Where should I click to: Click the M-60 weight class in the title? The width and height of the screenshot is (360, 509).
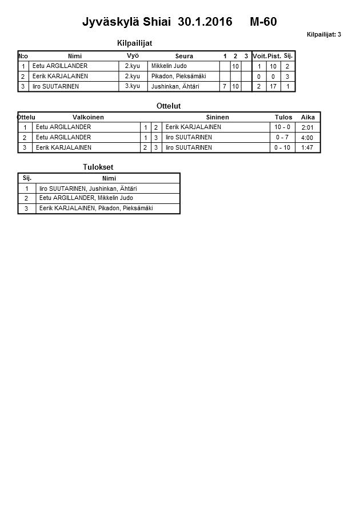(263, 22)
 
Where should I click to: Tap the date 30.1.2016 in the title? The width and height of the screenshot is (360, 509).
(205, 22)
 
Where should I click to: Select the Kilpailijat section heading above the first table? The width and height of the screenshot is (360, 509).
(134, 43)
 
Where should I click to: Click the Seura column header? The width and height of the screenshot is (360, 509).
(184, 56)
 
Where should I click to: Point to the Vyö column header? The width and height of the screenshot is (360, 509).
(133, 55)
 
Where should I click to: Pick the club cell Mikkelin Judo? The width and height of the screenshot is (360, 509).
(169, 66)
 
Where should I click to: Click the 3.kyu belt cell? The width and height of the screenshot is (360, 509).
(132, 86)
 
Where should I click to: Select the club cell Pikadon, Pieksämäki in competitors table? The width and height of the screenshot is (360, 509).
(178, 76)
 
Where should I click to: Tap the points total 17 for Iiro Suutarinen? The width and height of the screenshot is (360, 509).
(273, 87)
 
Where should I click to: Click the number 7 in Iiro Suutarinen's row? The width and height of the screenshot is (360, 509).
(224, 87)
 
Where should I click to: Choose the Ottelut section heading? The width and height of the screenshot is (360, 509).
(169, 106)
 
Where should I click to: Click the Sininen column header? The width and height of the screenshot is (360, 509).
(217, 117)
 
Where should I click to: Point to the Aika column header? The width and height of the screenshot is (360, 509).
(308, 117)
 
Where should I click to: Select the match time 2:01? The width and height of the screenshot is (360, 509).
(307, 127)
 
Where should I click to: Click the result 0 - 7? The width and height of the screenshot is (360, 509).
(282, 138)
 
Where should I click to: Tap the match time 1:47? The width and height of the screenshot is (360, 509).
(307, 148)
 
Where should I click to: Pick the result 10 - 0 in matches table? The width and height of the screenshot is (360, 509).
(282, 127)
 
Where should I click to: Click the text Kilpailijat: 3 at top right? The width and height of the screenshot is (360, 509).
(323, 34)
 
